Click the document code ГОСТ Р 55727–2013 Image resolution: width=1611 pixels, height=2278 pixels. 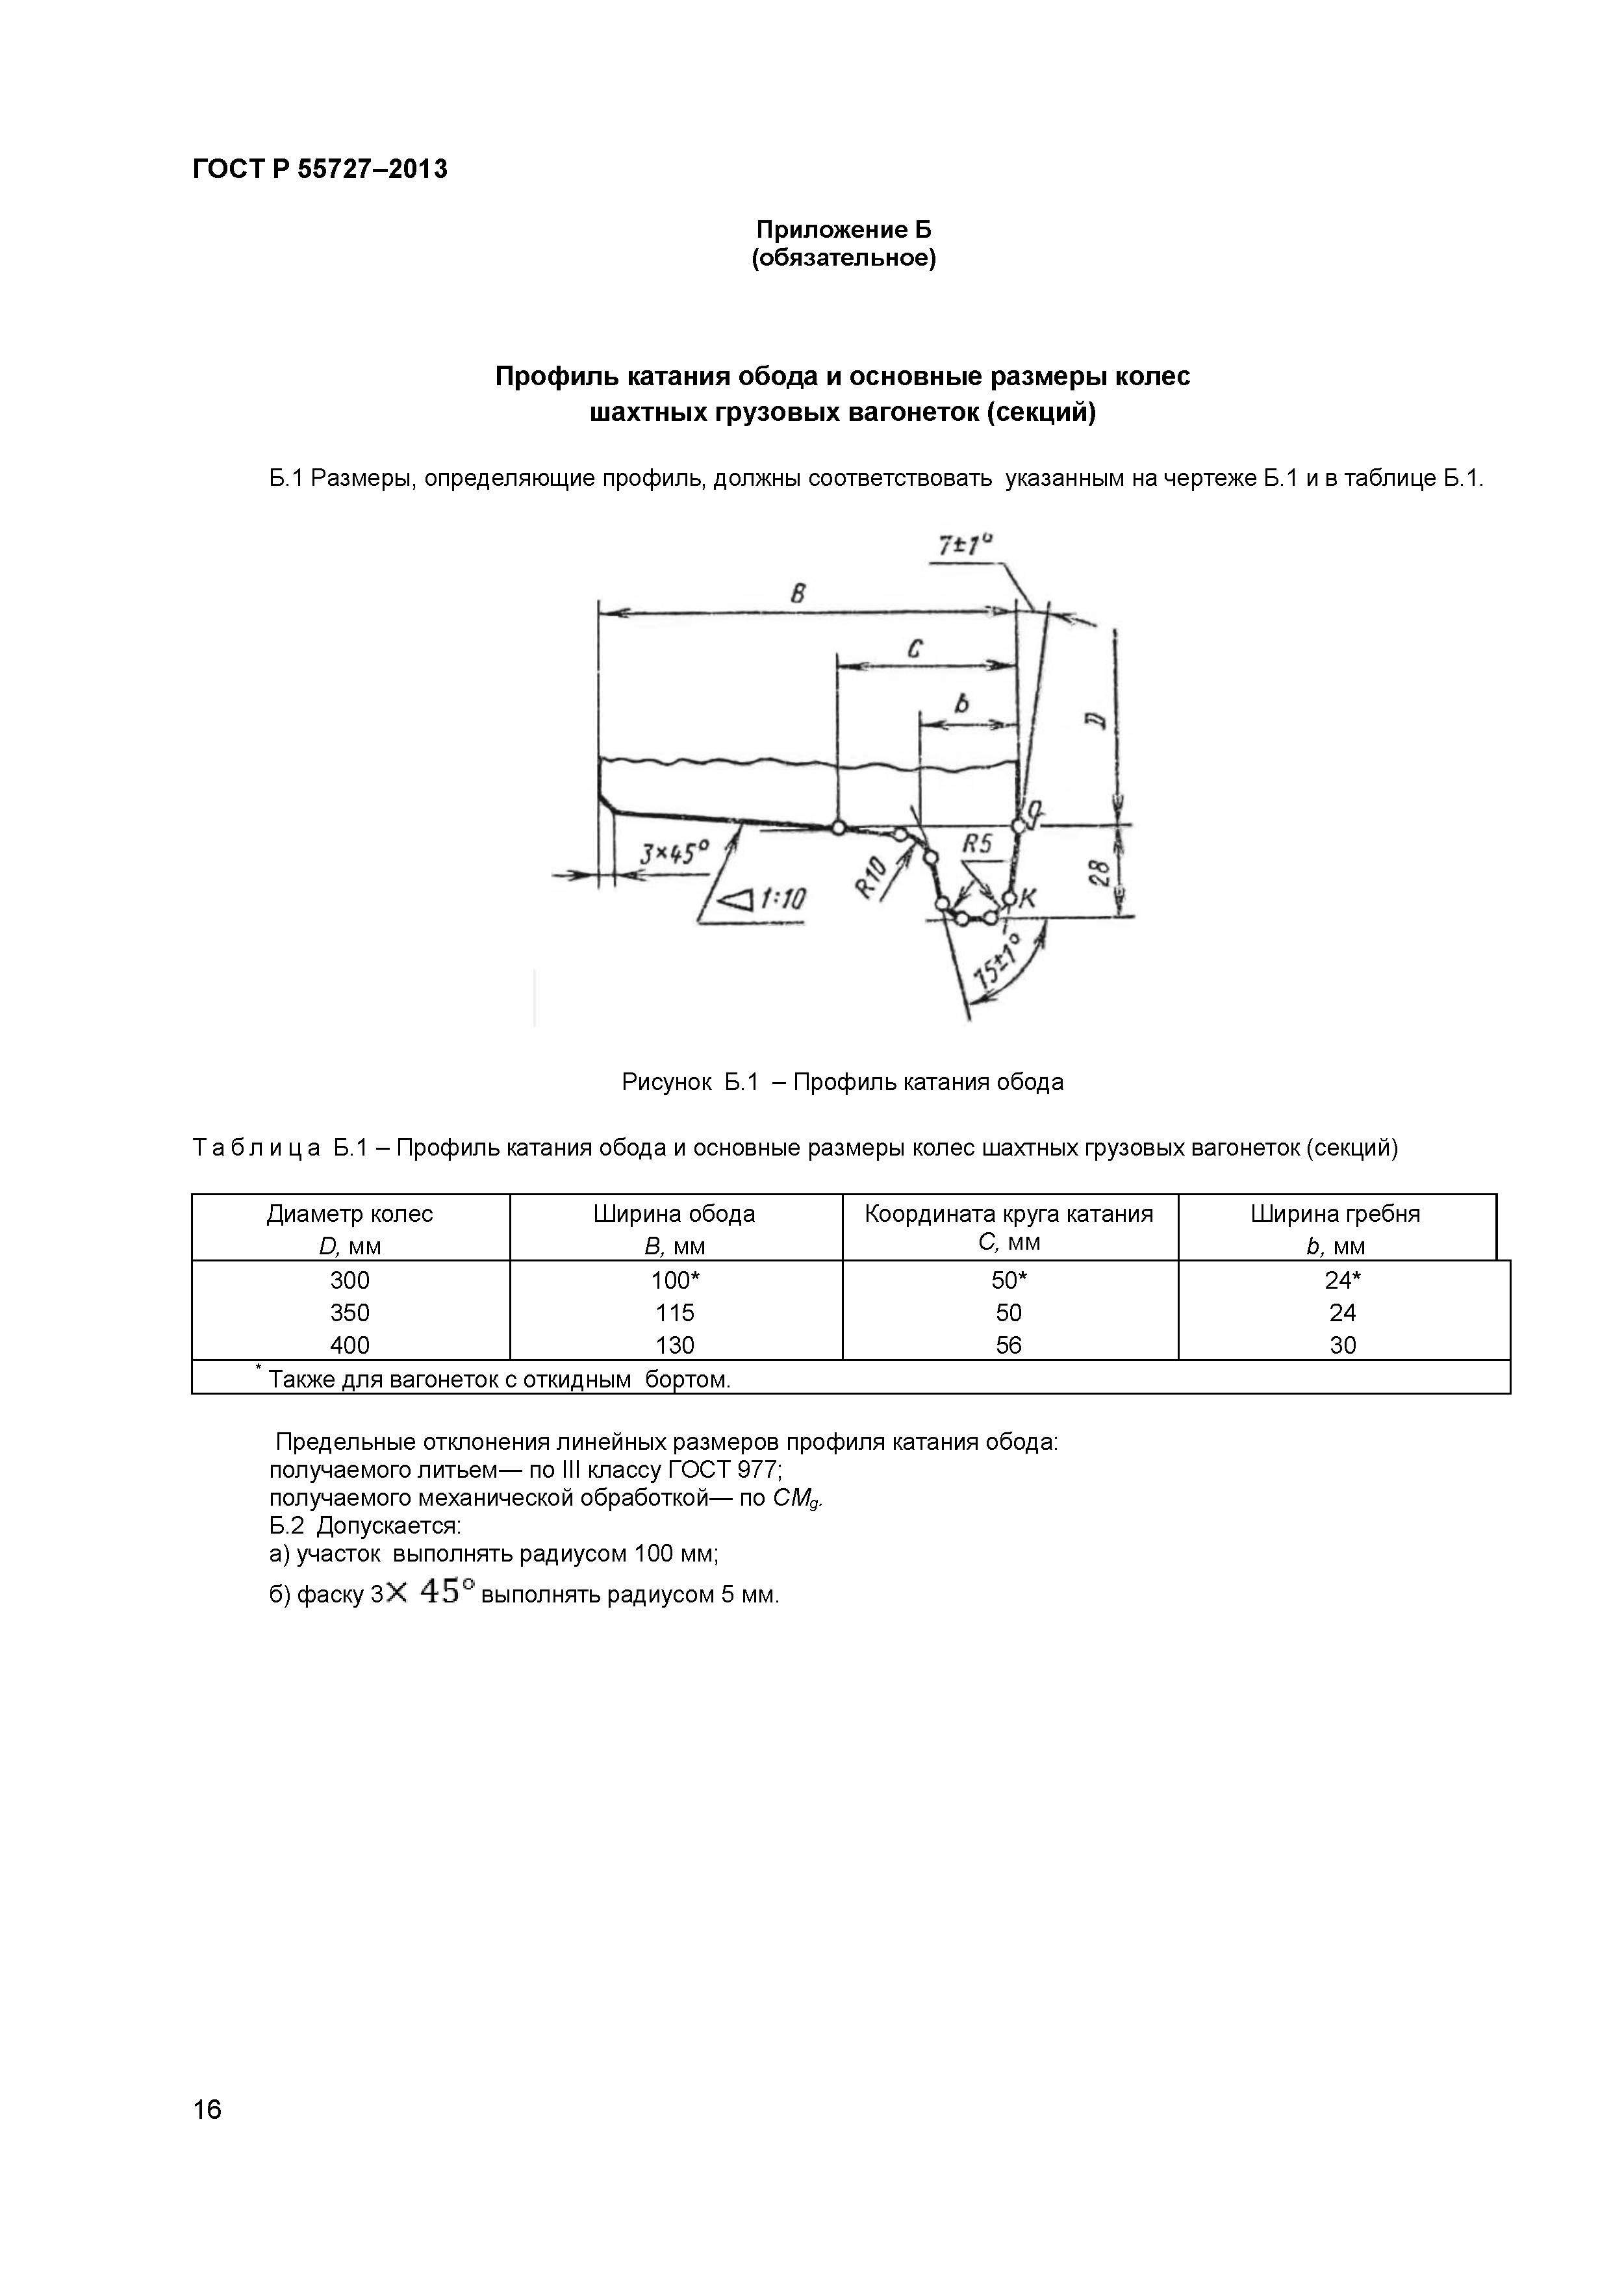tap(320, 170)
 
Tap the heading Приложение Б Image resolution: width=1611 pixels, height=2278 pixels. tap(843, 230)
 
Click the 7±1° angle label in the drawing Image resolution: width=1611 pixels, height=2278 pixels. tap(964, 546)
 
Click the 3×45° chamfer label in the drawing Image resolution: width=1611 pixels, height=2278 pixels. tap(674, 852)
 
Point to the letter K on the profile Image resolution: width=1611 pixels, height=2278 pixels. tap(1028, 898)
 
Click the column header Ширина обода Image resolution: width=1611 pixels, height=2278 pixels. tap(674, 1213)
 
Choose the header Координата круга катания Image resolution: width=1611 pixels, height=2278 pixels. tap(1009, 1213)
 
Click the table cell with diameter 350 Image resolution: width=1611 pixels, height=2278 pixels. tap(349, 1313)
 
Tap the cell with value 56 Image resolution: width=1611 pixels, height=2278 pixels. tap(1009, 1345)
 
